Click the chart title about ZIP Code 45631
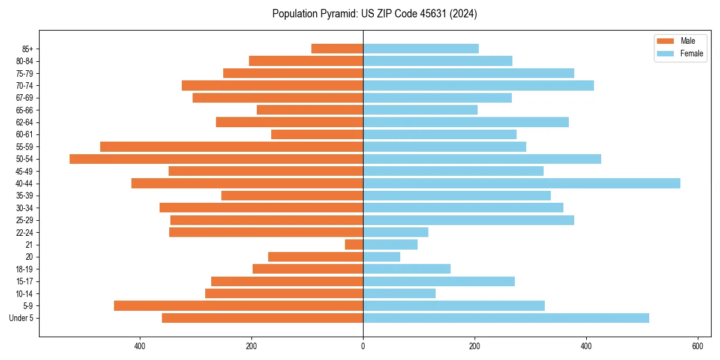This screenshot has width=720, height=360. coord(374,14)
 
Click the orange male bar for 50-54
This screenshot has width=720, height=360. coord(216,159)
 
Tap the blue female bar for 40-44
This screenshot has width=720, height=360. coord(521,184)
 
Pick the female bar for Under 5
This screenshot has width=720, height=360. coord(506,318)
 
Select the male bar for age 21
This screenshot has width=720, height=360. coord(354,245)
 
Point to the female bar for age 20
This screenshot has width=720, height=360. coord(382,257)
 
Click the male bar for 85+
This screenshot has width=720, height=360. coord(337,49)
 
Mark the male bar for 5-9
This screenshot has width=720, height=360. coord(238,306)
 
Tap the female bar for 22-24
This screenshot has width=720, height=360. coord(395,232)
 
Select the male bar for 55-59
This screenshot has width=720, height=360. coord(232,147)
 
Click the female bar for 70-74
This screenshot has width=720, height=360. coord(478,86)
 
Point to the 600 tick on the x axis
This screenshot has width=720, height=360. coord(698,346)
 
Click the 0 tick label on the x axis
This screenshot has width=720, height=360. coord(363,346)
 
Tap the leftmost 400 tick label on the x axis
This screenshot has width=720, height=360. coord(140,346)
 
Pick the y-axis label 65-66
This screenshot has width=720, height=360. coord(25,110)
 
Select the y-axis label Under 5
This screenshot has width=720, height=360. coord(22,318)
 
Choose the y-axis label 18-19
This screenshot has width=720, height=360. coord(25,269)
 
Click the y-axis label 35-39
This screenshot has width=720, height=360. coord(25,196)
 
